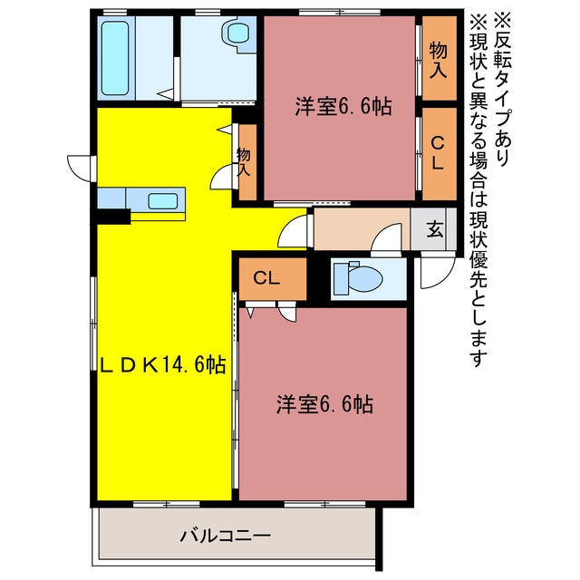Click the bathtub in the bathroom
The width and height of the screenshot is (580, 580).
[x=115, y=58]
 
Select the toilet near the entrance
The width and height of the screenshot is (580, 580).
[x=358, y=278]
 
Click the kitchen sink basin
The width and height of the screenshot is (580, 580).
[x=163, y=201]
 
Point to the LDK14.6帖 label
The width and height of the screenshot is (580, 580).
[x=163, y=365]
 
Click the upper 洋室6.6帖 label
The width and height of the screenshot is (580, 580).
[x=343, y=107]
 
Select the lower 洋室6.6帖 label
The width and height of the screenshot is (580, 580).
[x=324, y=404]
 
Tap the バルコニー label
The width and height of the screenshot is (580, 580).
[x=226, y=536]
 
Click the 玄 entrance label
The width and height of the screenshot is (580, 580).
[x=435, y=229]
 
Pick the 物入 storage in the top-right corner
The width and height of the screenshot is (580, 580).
[x=439, y=58]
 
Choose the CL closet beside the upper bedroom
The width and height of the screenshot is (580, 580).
[x=439, y=153]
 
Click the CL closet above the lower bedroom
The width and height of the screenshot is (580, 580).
[x=273, y=278]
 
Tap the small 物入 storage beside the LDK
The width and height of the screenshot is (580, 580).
[x=247, y=161]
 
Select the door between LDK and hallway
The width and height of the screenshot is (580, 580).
[x=292, y=231]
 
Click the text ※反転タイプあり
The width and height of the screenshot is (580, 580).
[x=503, y=88]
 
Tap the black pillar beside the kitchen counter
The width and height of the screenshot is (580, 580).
[x=113, y=217]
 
